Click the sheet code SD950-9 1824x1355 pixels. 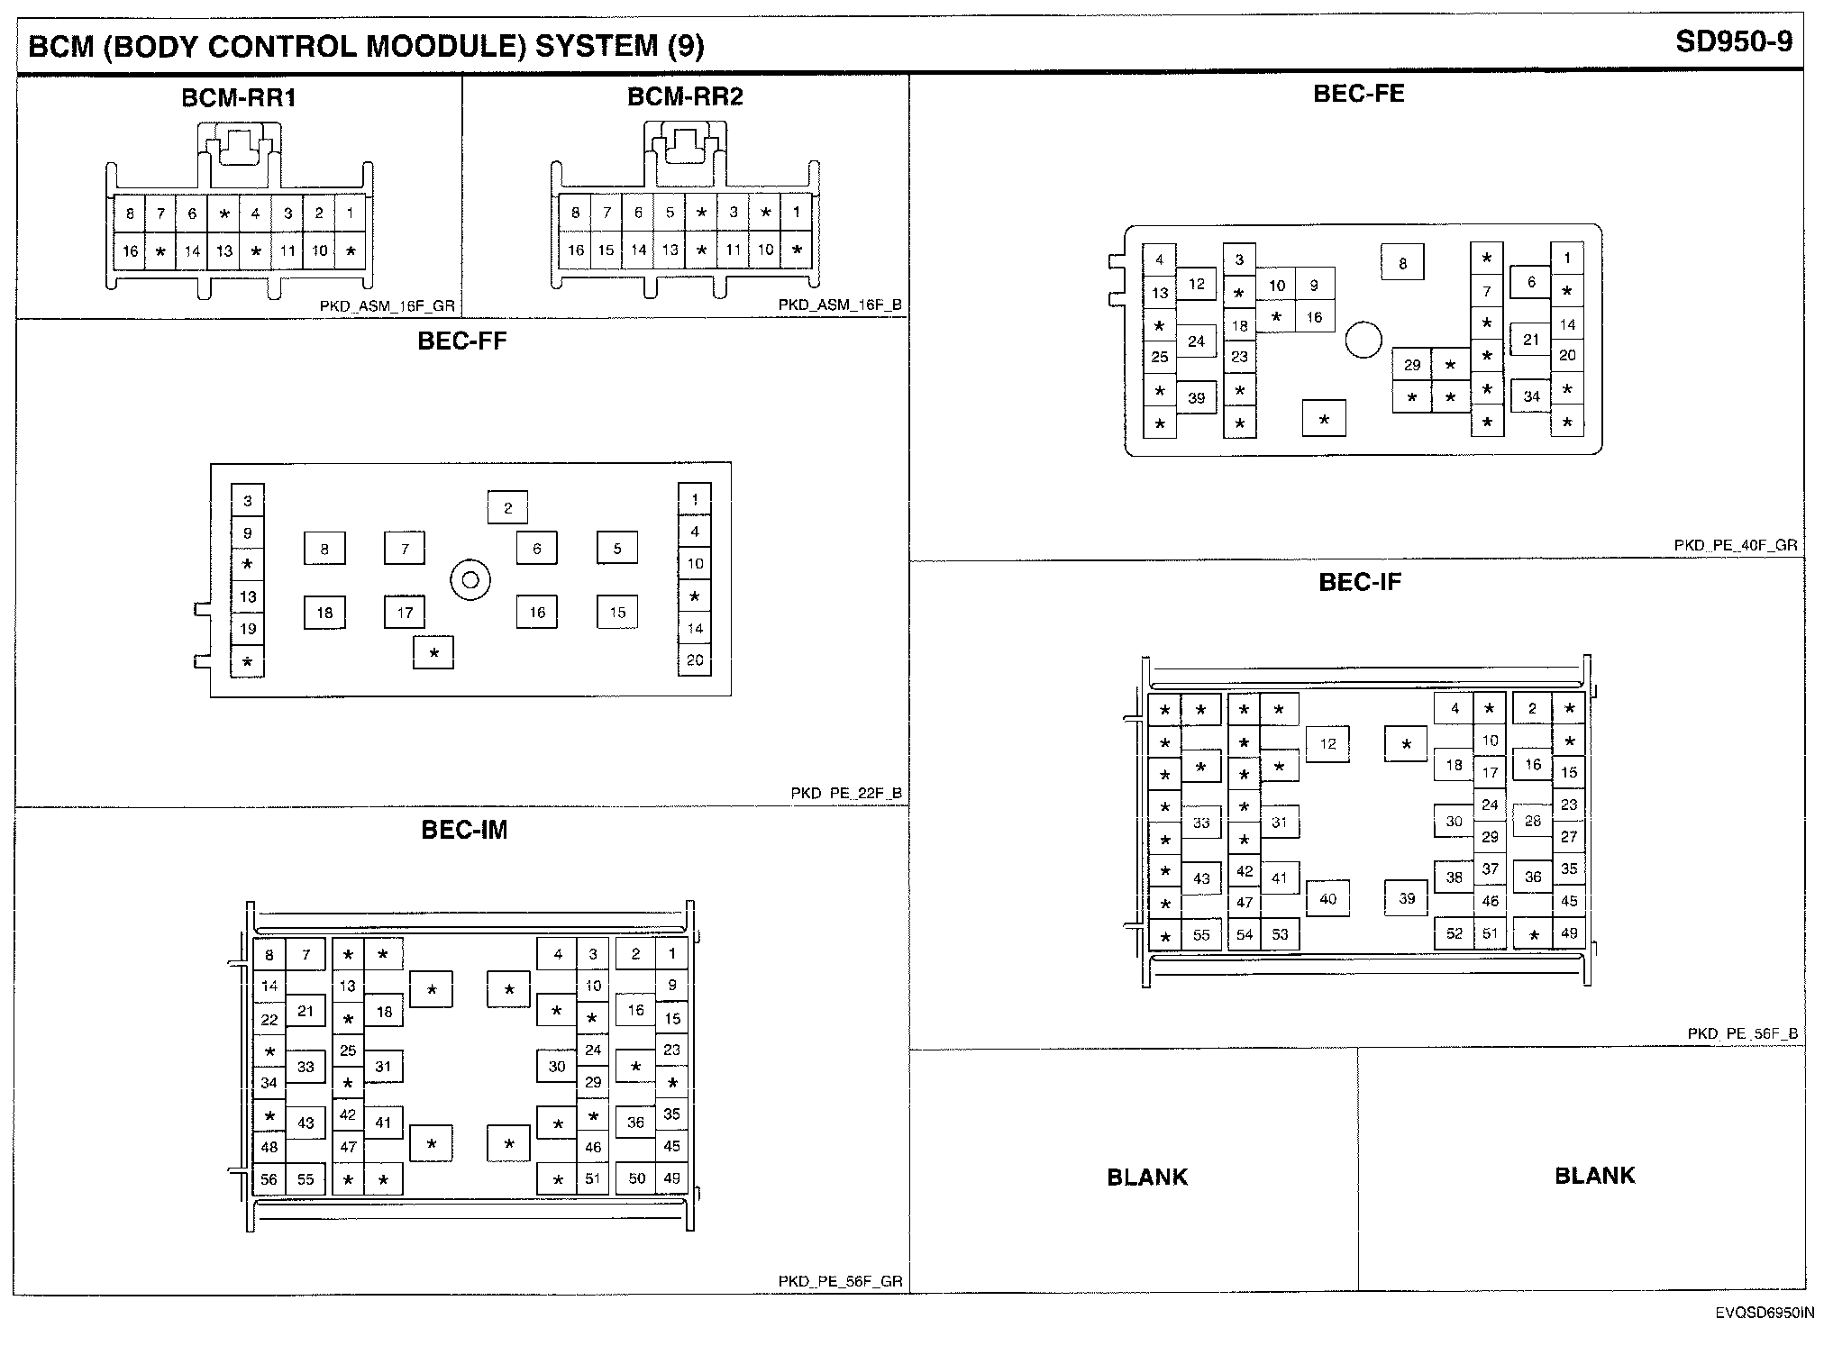(1733, 41)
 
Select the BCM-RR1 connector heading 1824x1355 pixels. (239, 97)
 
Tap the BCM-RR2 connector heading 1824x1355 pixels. (685, 96)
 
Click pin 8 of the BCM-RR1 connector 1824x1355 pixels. (130, 214)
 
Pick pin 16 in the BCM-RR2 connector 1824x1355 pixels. (575, 250)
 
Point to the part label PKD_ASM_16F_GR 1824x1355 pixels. (388, 305)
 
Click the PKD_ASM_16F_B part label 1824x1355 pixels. (840, 305)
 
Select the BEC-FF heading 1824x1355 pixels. (462, 341)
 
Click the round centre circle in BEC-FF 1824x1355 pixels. (470, 580)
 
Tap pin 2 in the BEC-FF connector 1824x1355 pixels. (507, 507)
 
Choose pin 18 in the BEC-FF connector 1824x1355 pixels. (324, 613)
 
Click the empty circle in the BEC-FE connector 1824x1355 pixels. (1363, 341)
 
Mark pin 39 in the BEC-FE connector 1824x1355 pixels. (1196, 397)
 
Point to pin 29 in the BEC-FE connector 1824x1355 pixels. (1412, 365)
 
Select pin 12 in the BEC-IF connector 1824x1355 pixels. (1327, 744)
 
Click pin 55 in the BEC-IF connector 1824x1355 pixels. (1201, 935)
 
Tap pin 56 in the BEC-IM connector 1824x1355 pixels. (269, 1179)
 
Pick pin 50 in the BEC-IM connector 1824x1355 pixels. (636, 1178)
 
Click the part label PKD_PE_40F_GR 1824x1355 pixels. (1736, 545)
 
